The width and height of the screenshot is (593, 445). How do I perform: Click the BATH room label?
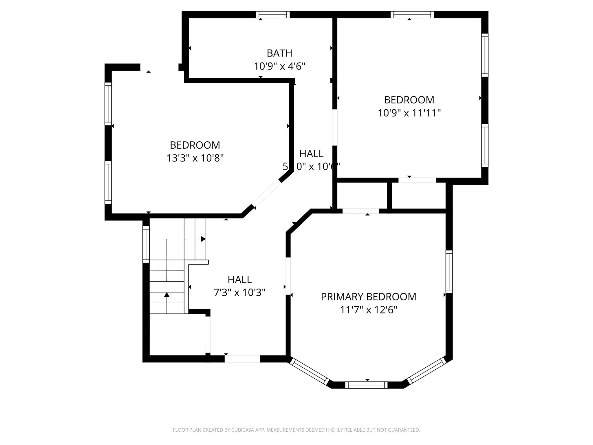(279, 53)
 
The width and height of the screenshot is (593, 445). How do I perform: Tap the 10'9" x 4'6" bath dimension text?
(279, 66)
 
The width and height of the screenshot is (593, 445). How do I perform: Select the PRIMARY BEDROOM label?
(368, 297)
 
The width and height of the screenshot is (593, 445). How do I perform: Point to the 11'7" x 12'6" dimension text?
(368, 310)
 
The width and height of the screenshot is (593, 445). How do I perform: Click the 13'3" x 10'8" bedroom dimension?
(195, 158)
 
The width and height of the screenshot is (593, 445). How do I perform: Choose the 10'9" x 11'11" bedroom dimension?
(409, 113)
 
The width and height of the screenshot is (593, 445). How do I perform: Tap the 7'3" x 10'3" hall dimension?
(239, 293)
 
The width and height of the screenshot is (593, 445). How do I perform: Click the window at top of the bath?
(273, 15)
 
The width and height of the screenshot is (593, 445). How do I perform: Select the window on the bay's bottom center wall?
(366, 385)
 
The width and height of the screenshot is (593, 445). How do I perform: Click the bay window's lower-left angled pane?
(310, 372)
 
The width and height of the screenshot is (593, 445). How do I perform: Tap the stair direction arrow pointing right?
(203, 239)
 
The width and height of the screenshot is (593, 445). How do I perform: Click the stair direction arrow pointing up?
(167, 295)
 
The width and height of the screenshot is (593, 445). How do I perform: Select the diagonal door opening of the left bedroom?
(266, 193)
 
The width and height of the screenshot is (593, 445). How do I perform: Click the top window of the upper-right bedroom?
(412, 15)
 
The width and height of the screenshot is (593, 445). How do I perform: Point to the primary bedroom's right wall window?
(449, 272)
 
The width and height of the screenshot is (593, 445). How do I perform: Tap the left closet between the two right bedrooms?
(362, 196)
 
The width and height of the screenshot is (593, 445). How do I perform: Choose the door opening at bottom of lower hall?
(242, 359)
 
